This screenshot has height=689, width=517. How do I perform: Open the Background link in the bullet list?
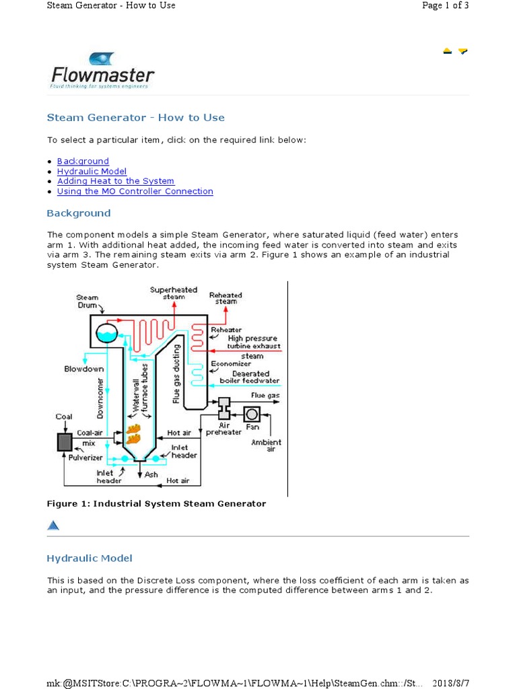click(x=83, y=161)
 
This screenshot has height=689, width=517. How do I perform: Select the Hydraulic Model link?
click(x=92, y=172)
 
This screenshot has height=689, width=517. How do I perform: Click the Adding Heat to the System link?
click(x=115, y=181)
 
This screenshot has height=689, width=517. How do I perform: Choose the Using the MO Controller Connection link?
click(x=135, y=191)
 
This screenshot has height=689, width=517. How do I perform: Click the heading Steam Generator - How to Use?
click(x=135, y=118)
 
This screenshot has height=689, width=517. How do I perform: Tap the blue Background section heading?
click(x=78, y=213)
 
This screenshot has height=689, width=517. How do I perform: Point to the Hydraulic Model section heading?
click(x=89, y=558)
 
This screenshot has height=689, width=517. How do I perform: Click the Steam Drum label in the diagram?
click(x=87, y=301)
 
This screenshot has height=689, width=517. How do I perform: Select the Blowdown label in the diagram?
click(x=83, y=369)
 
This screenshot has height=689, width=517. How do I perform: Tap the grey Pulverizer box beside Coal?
click(x=65, y=441)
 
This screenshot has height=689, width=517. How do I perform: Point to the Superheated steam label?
click(x=173, y=293)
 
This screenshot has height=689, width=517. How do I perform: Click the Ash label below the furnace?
click(x=152, y=474)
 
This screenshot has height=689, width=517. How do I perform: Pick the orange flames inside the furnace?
click(x=133, y=433)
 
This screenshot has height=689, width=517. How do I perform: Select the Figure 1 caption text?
click(x=156, y=503)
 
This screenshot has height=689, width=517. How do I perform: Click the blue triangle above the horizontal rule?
click(x=53, y=525)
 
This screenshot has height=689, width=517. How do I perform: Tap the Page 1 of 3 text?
click(x=445, y=5)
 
